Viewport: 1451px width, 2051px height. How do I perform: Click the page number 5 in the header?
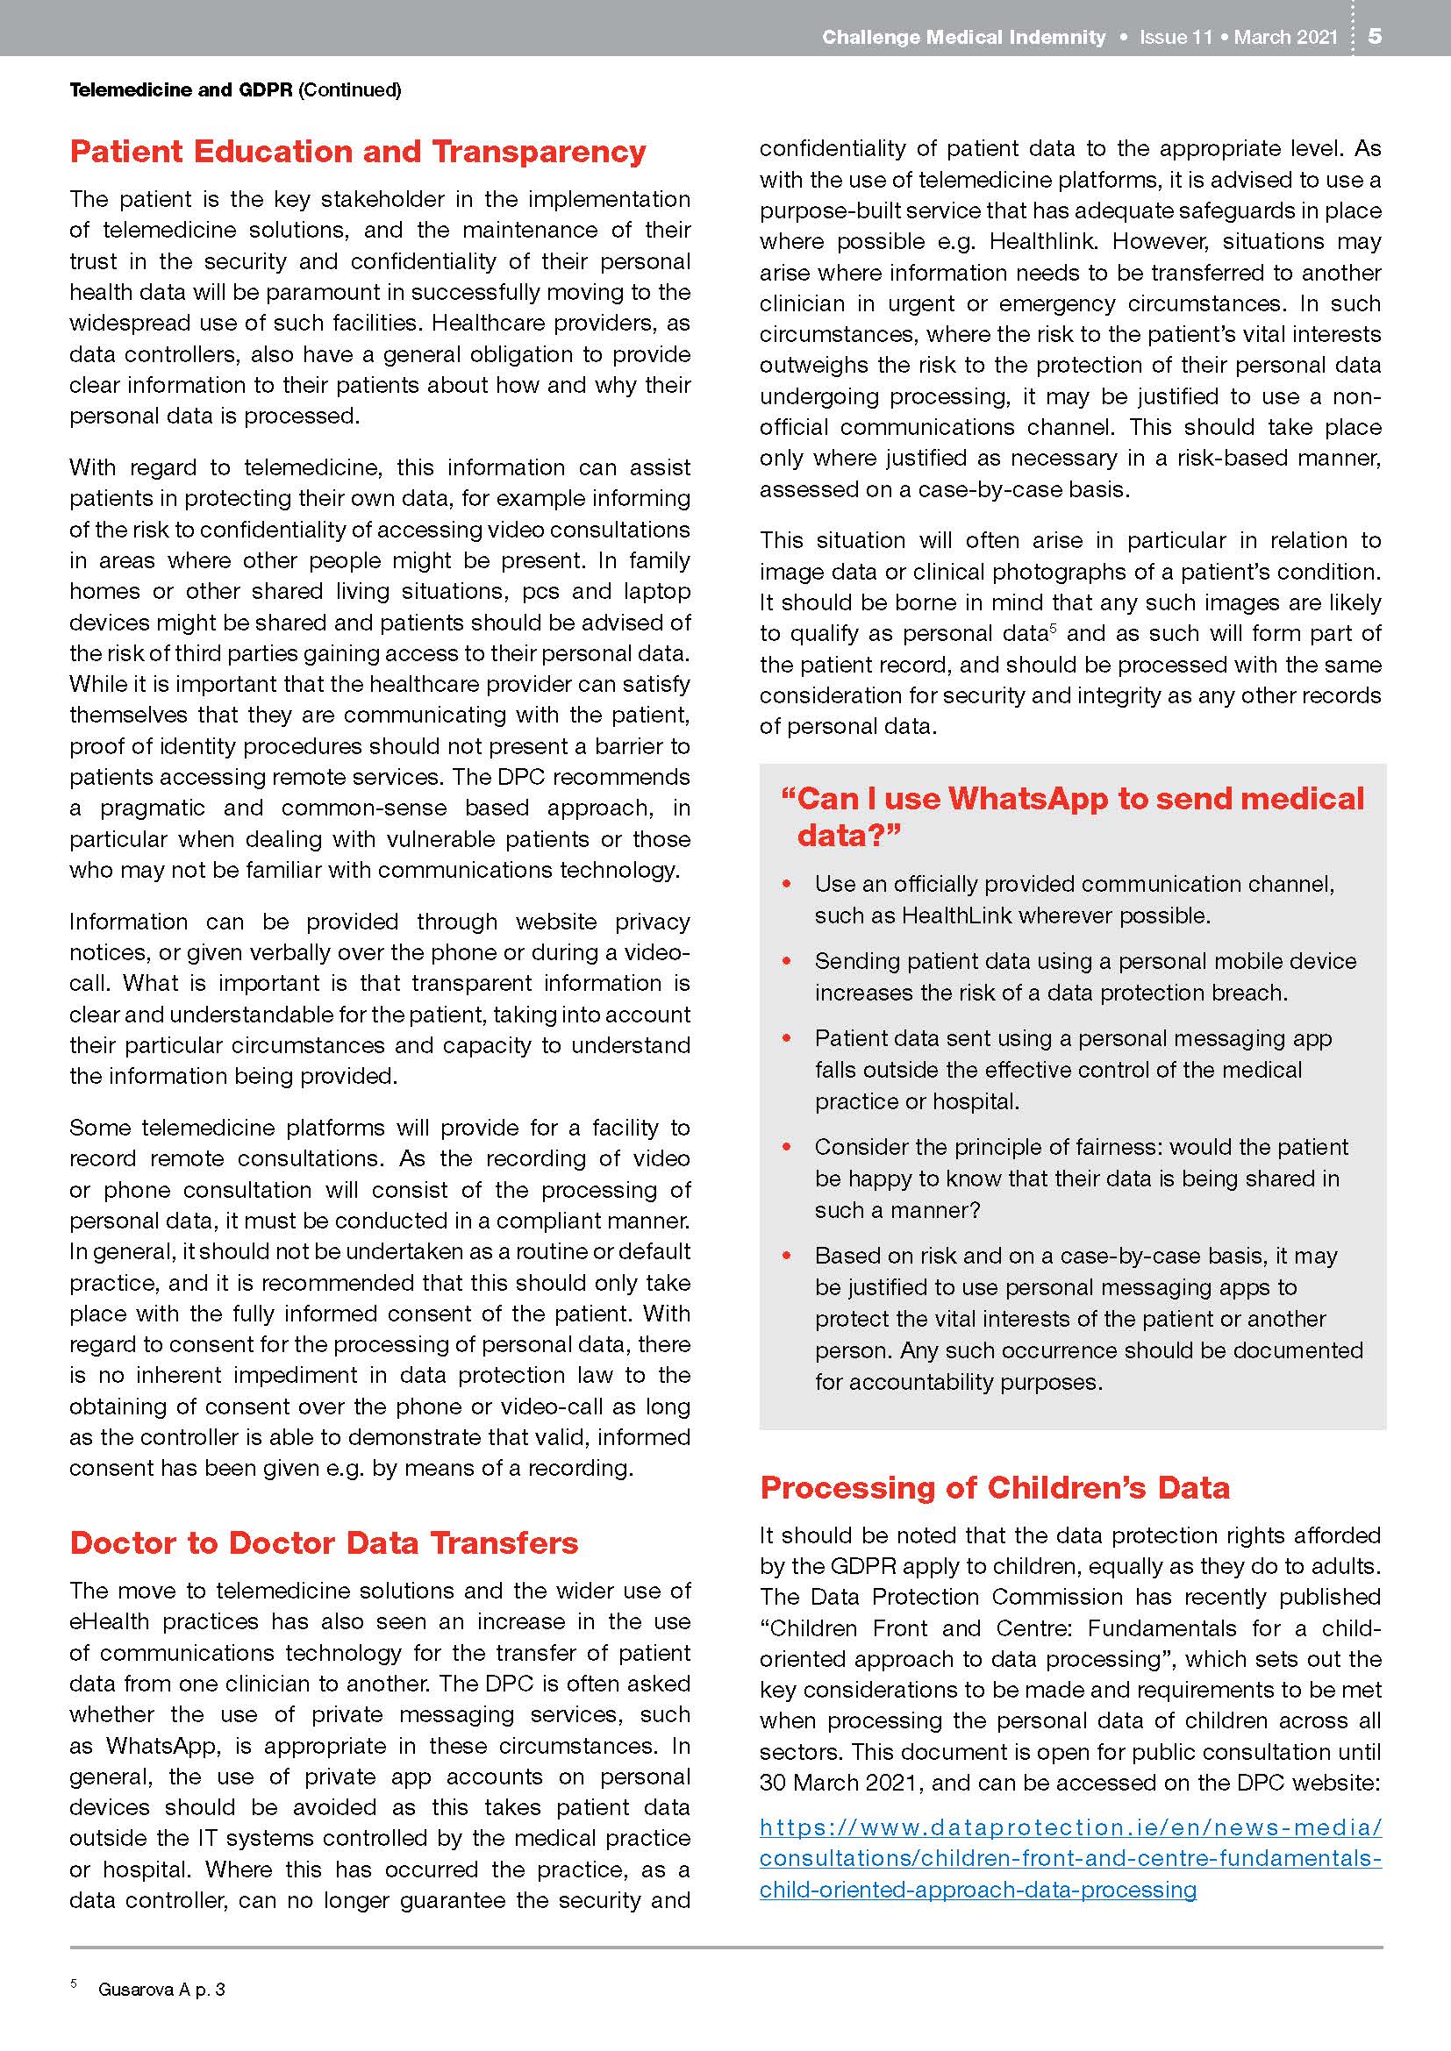coord(1375,36)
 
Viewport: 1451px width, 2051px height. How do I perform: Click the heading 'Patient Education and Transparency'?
coord(357,152)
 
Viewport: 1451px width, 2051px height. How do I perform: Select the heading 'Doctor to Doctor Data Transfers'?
coord(324,1543)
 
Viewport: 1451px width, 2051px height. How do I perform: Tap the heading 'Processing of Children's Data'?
coord(995,1487)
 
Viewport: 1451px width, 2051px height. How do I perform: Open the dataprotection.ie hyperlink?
coord(1070,1858)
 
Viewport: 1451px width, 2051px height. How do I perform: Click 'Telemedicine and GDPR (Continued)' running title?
coord(235,89)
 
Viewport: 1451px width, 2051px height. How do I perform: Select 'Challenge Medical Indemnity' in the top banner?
coord(963,37)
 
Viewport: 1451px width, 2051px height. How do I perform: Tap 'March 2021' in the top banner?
coord(1286,37)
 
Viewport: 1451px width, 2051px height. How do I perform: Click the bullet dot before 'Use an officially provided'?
coord(787,885)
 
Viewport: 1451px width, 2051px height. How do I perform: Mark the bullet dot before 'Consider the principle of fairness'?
coord(787,1147)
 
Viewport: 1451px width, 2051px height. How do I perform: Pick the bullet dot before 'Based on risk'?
coord(787,1256)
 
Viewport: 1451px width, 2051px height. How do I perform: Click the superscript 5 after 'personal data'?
coord(1054,629)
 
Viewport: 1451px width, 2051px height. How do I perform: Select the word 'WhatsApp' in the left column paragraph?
coord(160,1746)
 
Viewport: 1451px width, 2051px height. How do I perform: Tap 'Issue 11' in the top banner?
coord(1175,37)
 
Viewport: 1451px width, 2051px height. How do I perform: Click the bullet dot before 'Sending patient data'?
coord(787,961)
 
